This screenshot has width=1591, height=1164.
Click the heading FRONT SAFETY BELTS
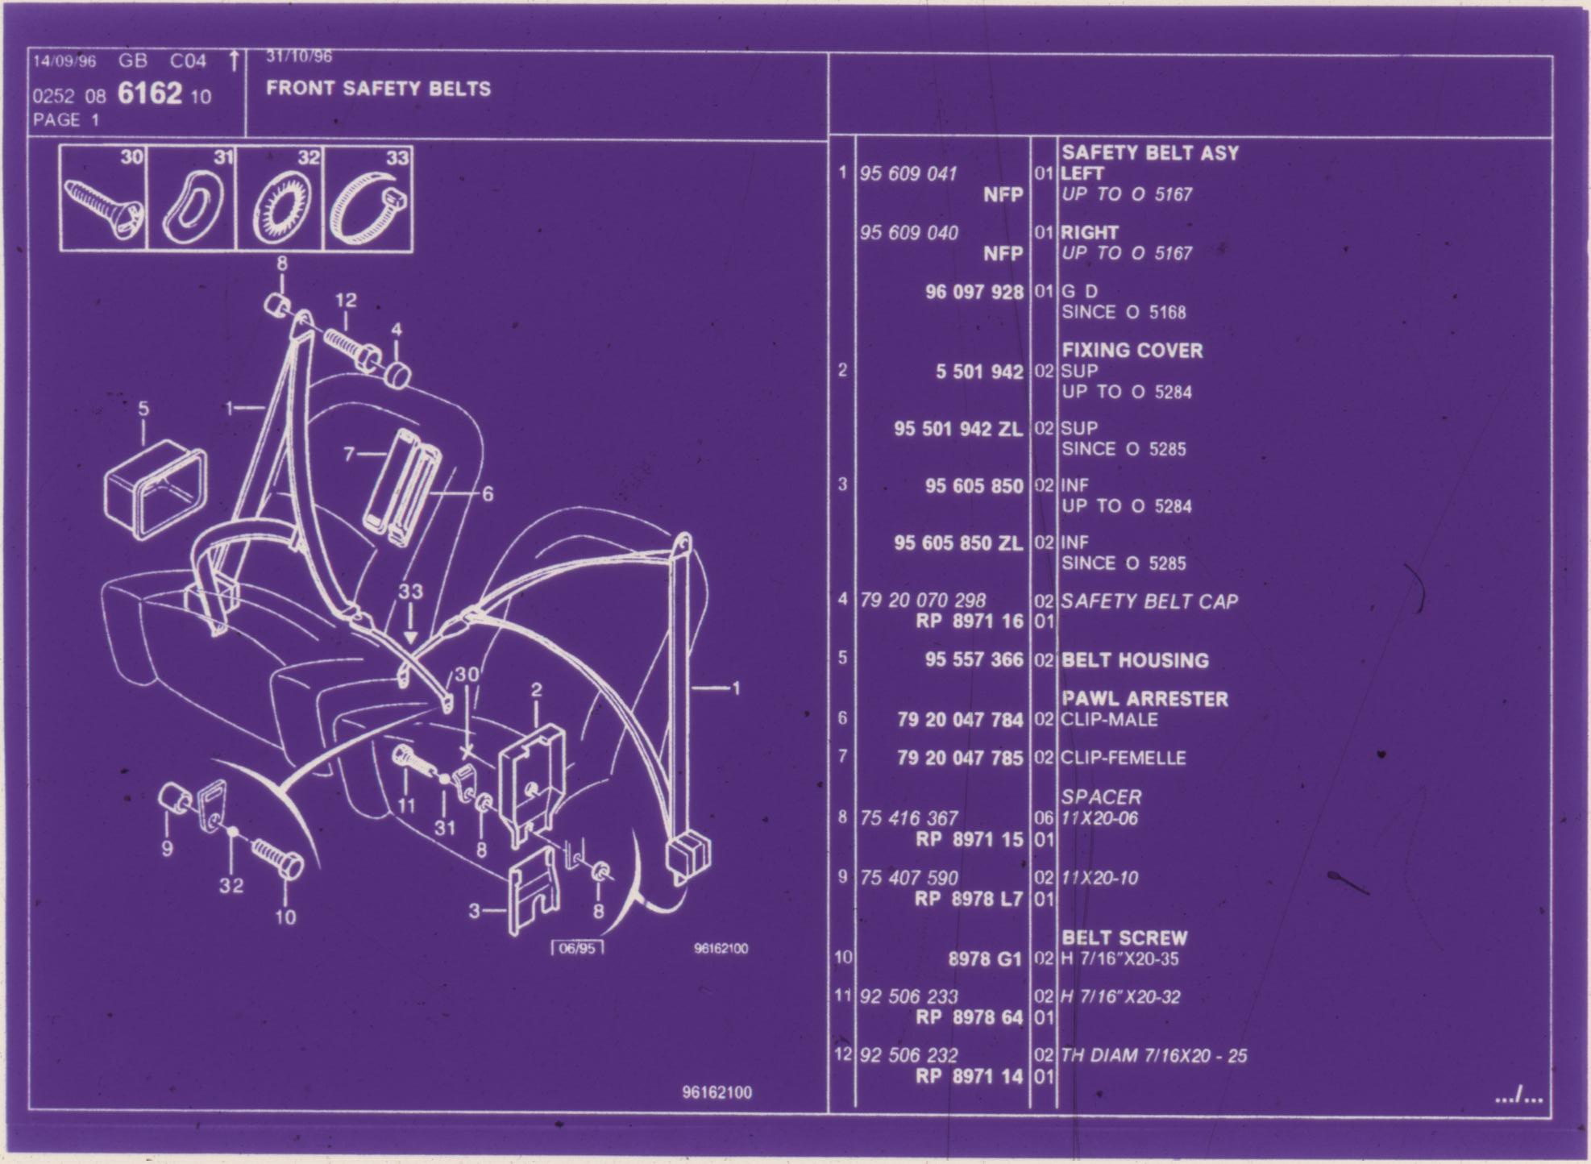click(378, 88)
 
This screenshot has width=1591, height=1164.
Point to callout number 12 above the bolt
click(346, 300)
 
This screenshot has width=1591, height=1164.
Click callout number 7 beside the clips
click(349, 454)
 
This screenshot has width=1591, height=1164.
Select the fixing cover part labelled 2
click(532, 784)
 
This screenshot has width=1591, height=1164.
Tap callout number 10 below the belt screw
click(285, 917)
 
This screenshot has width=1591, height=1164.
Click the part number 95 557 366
click(974, 660)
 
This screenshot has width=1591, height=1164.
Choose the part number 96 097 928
click(974, 292)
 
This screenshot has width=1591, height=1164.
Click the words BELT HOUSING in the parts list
click(1135, 660)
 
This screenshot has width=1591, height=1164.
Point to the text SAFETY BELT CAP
click(1149, 601)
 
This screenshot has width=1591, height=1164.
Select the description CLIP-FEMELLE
click(1124, 759)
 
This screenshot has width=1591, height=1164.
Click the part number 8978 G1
click(985, 959)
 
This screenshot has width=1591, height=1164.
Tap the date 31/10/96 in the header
click(299, 56)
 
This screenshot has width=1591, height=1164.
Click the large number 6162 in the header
click(150, 94)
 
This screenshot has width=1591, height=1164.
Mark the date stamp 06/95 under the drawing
click(577, 948)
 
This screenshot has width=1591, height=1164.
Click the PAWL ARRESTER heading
click(1144, 699)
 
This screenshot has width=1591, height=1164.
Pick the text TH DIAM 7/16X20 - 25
click(1154, 1055)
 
